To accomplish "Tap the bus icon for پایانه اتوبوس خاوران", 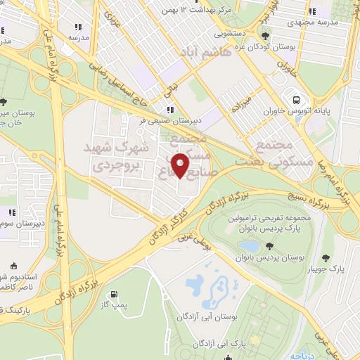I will pyautogui.click(x=297, y=100).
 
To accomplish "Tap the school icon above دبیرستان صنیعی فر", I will pyautogui.click(x=169, y=109).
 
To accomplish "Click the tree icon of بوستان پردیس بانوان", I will pyautogui.click(x=269, y=245).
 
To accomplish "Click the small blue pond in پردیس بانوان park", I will pyautogui.click(x=247, y=245).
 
